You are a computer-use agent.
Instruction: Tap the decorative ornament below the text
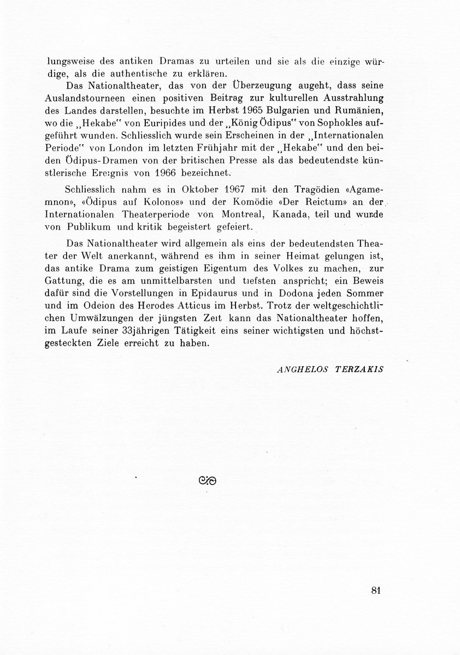(x=209, y=481)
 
